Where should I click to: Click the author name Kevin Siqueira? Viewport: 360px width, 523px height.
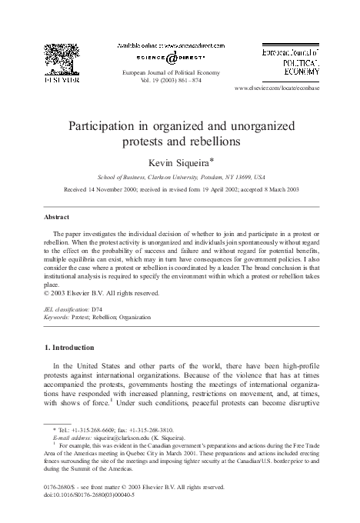[178, 163]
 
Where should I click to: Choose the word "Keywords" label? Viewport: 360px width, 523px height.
[57, 315]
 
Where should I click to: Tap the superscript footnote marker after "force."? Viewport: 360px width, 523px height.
[133, 398]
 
